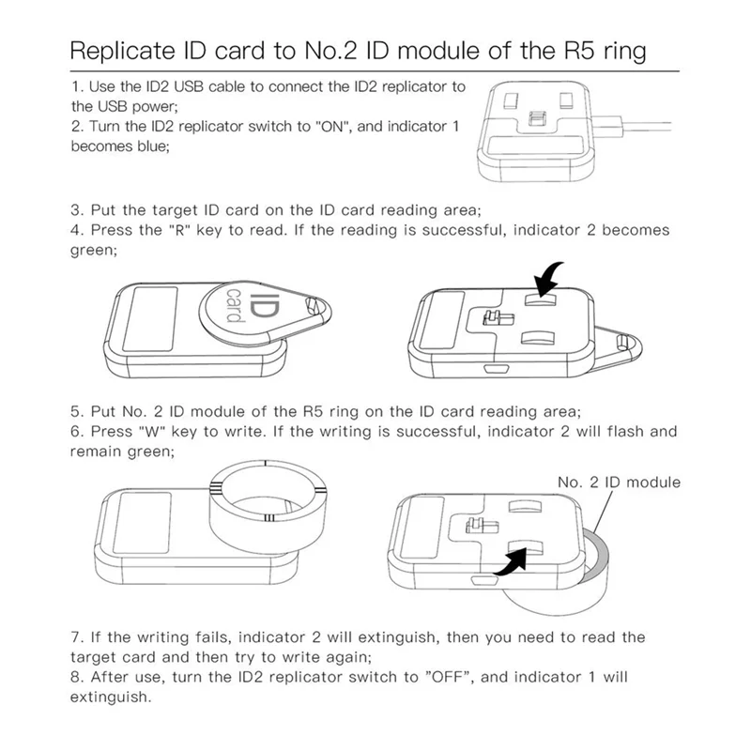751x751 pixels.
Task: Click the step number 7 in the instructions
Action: [75, 637]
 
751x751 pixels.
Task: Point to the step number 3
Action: [75, 208]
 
